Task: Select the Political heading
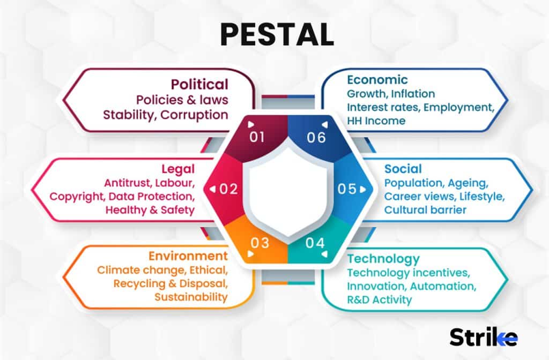point(199,84)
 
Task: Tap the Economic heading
point(377,80)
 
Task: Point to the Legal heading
point(179,169)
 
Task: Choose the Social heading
point(403,169)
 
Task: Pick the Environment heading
point(188,256)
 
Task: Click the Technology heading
point(383,259)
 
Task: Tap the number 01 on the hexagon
point(257,137)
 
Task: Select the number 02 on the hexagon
point(228,189)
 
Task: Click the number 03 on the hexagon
point(259,243)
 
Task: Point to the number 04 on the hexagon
point(315,243)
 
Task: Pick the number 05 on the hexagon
point(346,189)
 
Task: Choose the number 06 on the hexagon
point(316,137)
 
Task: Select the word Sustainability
point(191,297)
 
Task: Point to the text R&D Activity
point(380,299)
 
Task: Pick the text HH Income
point(376,121)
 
